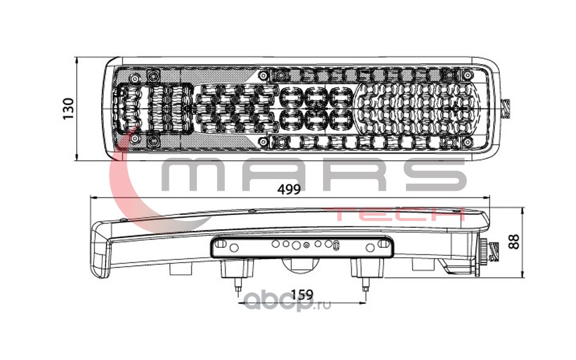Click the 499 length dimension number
(289, 189)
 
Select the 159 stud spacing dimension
(301, 294)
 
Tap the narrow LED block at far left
(129, 108)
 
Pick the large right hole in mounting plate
(369, 247)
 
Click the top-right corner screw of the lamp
(449, 75)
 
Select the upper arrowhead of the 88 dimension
(524, 209)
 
